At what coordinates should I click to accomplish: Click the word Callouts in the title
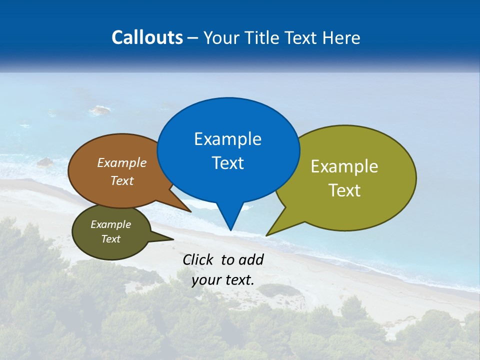click(147, 37)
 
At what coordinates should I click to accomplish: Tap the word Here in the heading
click(342, 37)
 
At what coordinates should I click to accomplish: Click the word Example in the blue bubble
click(227, 139)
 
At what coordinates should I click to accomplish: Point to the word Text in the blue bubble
click(227, 163)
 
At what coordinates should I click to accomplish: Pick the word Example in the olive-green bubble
click(344, 166)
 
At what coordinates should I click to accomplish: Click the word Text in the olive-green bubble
click(344, 190)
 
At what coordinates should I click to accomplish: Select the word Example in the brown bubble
click(122, 162)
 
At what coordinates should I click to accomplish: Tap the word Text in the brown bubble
click(122, 180)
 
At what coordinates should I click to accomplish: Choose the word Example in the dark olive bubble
click(110, 224)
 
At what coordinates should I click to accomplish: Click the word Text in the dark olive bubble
click(110, 239)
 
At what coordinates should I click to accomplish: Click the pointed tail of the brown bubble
click(189, 211)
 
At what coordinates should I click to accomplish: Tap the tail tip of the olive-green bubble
click(267, 234)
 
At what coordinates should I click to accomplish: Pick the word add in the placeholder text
click(251, 259)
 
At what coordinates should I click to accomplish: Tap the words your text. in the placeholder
click(223, 280)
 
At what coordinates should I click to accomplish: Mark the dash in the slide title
click(193, 38)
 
